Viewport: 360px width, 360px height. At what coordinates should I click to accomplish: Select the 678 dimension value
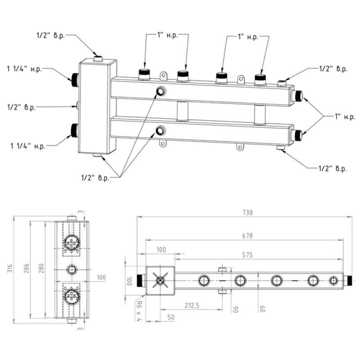tap(247, 235)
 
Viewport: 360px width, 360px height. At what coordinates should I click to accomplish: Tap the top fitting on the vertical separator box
tap(98, 58)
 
